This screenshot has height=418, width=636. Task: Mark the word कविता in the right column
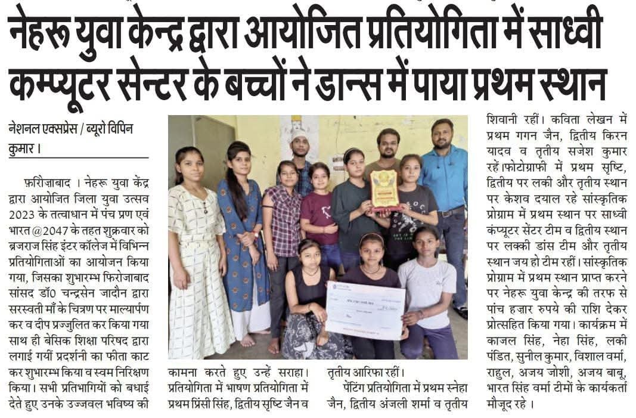click(x=567, y=120)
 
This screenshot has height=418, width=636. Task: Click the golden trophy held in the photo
click(x=384, y=190)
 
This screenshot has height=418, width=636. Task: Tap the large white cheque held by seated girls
click(x=365, y=310)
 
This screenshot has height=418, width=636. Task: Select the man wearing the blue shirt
click(x=444, y=191)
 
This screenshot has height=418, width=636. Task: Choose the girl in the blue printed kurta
click(x=241, y=239)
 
